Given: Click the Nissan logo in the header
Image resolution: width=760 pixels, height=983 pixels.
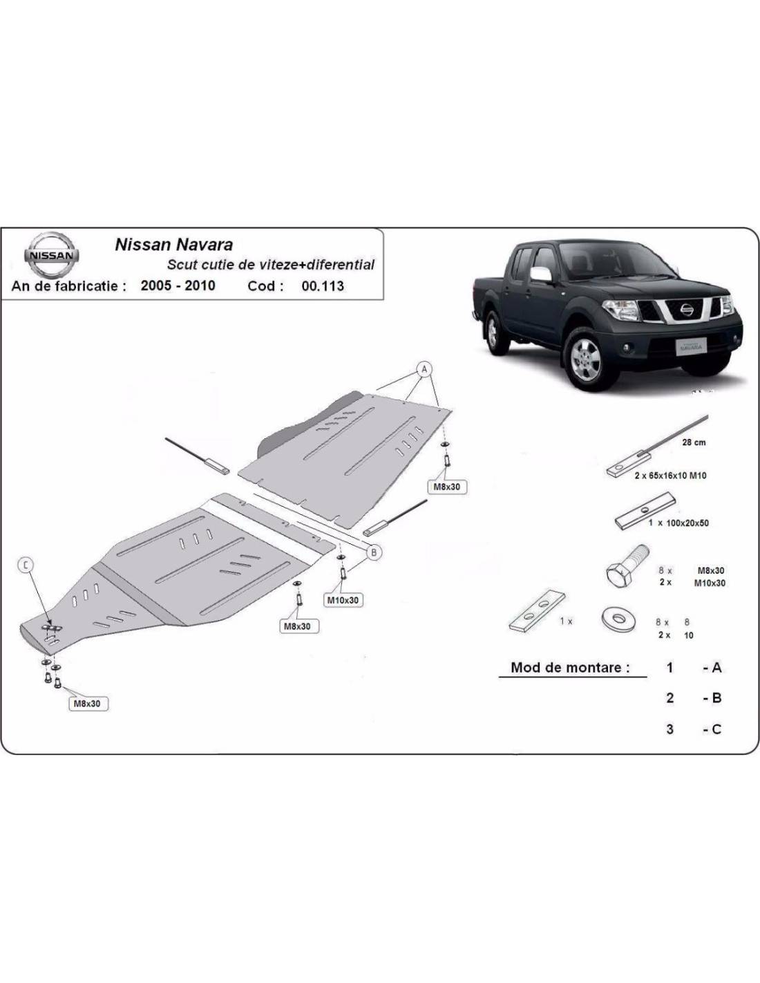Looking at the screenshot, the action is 51,254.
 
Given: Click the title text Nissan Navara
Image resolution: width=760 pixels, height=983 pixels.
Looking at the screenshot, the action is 174,245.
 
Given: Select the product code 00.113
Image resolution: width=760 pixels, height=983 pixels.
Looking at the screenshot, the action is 323,286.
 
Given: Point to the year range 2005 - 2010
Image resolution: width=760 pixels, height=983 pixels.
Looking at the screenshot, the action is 178,285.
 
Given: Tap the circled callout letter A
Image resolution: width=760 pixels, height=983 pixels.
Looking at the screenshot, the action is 424,369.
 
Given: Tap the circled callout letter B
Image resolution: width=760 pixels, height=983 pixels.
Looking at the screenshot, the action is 374,552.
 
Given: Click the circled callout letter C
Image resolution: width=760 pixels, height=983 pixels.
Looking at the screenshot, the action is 26,565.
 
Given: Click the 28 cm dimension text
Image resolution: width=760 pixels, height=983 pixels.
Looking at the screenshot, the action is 694,442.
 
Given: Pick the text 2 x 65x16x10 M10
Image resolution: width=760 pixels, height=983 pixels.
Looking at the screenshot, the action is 670,476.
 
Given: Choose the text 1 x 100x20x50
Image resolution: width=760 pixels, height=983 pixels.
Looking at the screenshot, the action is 678,523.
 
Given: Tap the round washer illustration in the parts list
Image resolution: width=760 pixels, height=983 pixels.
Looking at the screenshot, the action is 618,620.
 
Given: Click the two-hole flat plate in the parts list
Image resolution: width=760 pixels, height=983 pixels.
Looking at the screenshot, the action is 538,611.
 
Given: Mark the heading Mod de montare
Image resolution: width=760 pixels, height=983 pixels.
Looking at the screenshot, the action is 570,667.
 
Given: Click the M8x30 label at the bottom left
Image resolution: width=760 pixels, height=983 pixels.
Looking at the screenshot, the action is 87,704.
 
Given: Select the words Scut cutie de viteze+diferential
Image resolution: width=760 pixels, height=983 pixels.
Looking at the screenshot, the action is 271,265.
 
